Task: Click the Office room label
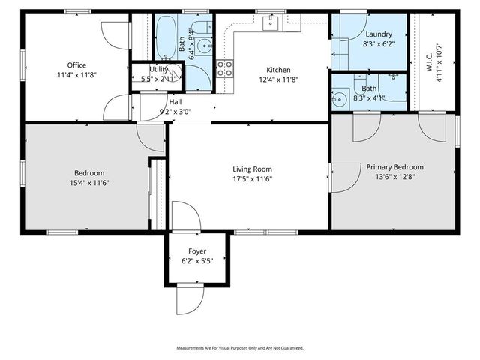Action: (76, 64)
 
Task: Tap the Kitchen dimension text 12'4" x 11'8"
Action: (279, 79)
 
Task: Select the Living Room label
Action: (251, 169)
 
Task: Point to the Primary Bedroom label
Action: (394, 167)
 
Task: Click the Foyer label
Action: (196, 250)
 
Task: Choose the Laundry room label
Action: (379, 34)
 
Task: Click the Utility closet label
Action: (158, 68)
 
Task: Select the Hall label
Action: (175, 101)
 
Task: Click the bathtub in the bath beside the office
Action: (166, 41)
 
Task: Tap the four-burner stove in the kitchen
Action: (224, 69)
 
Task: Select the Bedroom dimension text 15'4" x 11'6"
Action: (89, 182)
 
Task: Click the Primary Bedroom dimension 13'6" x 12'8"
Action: (394, 178)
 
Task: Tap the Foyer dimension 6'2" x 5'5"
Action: (196, 260)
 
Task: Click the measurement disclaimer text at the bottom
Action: (240, 348)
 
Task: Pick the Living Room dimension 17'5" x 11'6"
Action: (251, 180)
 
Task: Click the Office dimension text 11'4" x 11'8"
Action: (76, 75)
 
